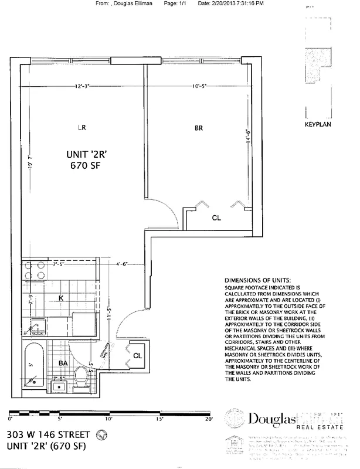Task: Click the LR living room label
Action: (83, 127)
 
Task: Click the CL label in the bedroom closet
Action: (216, 218)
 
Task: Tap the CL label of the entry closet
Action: (137, 356)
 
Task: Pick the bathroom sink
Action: (59, 387)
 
